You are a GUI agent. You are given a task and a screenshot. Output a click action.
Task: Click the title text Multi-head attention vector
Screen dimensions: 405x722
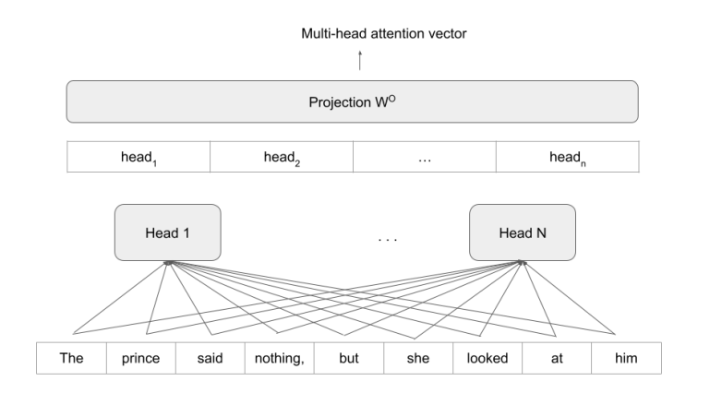(360, 35)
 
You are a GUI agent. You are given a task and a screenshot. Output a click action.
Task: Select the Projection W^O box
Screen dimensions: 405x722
(352, 101)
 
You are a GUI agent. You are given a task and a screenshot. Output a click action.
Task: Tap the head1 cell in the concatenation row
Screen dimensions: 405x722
(138, 158)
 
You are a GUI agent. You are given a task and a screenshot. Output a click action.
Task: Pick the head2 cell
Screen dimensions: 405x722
(282, 158)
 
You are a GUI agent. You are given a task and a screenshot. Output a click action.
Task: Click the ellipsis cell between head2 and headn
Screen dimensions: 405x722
(425, 158)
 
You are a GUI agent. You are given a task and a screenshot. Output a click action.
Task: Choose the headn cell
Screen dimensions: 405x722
(566, 158)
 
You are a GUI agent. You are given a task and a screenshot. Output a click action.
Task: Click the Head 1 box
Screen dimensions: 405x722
(168, 232)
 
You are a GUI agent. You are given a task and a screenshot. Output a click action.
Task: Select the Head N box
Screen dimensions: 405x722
(523, 232)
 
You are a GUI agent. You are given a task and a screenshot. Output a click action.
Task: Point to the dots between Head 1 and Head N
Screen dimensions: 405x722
(388, 240)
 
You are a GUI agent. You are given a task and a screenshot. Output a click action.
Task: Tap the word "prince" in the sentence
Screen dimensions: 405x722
(139, 358)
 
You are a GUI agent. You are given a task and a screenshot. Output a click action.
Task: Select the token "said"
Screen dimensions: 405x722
(209, 358)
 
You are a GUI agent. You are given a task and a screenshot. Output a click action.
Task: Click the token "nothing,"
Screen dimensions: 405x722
(278, 358)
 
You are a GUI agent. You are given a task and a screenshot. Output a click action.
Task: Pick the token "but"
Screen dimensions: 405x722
(348, 358)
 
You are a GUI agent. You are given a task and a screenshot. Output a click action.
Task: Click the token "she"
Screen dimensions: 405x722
(418, 358)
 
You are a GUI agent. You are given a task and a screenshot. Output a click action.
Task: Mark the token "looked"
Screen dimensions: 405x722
(487, 358)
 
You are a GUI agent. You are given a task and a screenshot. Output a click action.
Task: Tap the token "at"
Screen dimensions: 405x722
(557, 358)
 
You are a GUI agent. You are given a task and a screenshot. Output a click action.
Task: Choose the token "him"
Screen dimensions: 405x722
(626, 358)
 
